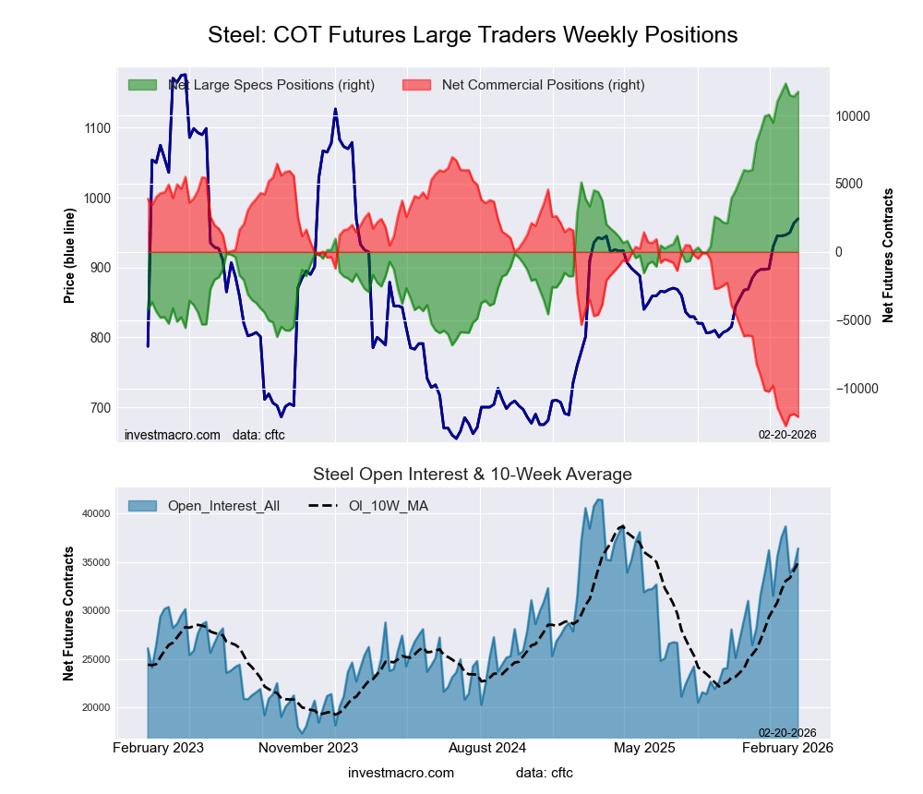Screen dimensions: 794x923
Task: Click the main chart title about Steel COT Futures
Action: [x=473, y=35]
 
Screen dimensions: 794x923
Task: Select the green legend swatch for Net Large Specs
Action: [x=142, y=85]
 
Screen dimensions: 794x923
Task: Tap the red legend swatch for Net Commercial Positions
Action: [x=417, y=85]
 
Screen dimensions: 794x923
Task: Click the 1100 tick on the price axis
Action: [x=94, y=128]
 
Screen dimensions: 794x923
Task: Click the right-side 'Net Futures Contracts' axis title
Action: [x=888, y=255]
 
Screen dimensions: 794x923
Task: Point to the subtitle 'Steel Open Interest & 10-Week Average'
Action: [x=473, y=475]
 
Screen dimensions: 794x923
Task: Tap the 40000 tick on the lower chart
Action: [x=93, y=513]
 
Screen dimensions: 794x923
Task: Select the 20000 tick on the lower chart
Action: [x=93, y=707]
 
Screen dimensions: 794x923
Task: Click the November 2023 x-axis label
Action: [x=308, y=747]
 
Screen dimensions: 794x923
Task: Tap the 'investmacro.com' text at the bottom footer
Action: [x=401, y=772]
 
